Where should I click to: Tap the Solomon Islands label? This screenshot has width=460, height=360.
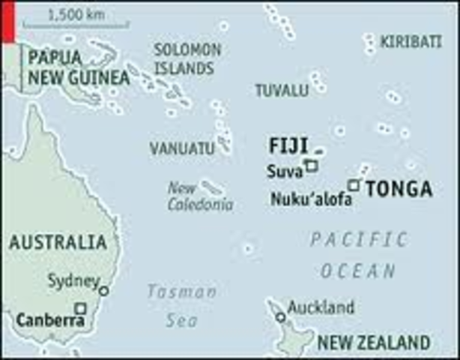(x=187, y=59)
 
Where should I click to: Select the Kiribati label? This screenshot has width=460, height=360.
(x=411, y=42)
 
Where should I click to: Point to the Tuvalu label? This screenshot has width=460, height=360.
(x=282, y=91)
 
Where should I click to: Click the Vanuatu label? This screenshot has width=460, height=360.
(x=182, y=148)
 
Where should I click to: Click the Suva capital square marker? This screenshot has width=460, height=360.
(x=310, y=167)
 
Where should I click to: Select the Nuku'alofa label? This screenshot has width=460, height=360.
(x=306, y=199)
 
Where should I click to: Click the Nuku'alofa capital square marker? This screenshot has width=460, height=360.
(x=354, y=184)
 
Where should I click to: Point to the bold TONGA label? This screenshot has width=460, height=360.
(x=399, y=189)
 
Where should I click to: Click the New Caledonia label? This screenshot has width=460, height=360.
(x=199, y=196)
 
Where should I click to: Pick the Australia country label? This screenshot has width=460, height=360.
(x=58, y=242)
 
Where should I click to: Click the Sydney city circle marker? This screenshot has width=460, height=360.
(x=103, y=290)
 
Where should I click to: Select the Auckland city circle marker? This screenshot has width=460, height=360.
(x=280, y=317)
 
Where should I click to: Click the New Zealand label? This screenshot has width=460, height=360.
(x=374, y=343)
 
